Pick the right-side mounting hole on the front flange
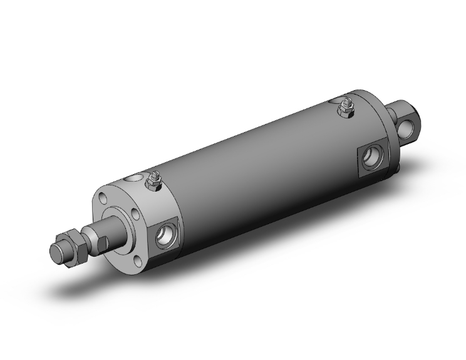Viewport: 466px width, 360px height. (x=135, y=216)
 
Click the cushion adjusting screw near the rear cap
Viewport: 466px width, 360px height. (x=344, y=110)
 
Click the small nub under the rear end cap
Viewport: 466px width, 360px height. (x=394, y=172)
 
